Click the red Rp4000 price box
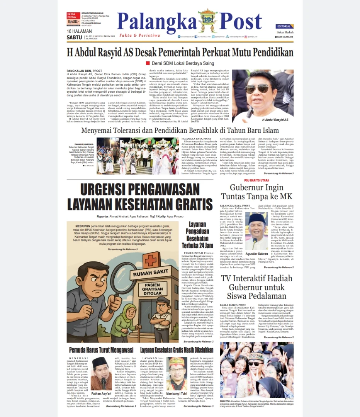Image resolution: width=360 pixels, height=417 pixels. click(73, 22)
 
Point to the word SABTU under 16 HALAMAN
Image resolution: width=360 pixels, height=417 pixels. click(74, 37)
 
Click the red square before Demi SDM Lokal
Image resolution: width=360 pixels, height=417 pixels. click(148, 63)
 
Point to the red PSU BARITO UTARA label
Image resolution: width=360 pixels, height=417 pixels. click(257, 180)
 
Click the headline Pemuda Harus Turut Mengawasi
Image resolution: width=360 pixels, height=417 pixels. click(101, 350)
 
